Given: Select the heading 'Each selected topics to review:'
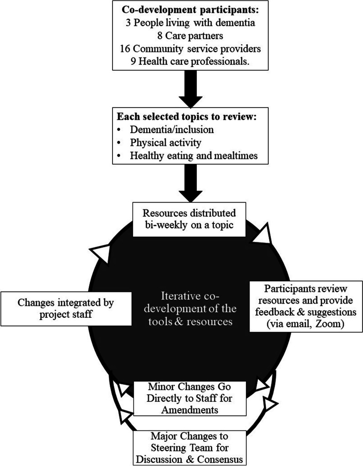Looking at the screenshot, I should tap(188, 118).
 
